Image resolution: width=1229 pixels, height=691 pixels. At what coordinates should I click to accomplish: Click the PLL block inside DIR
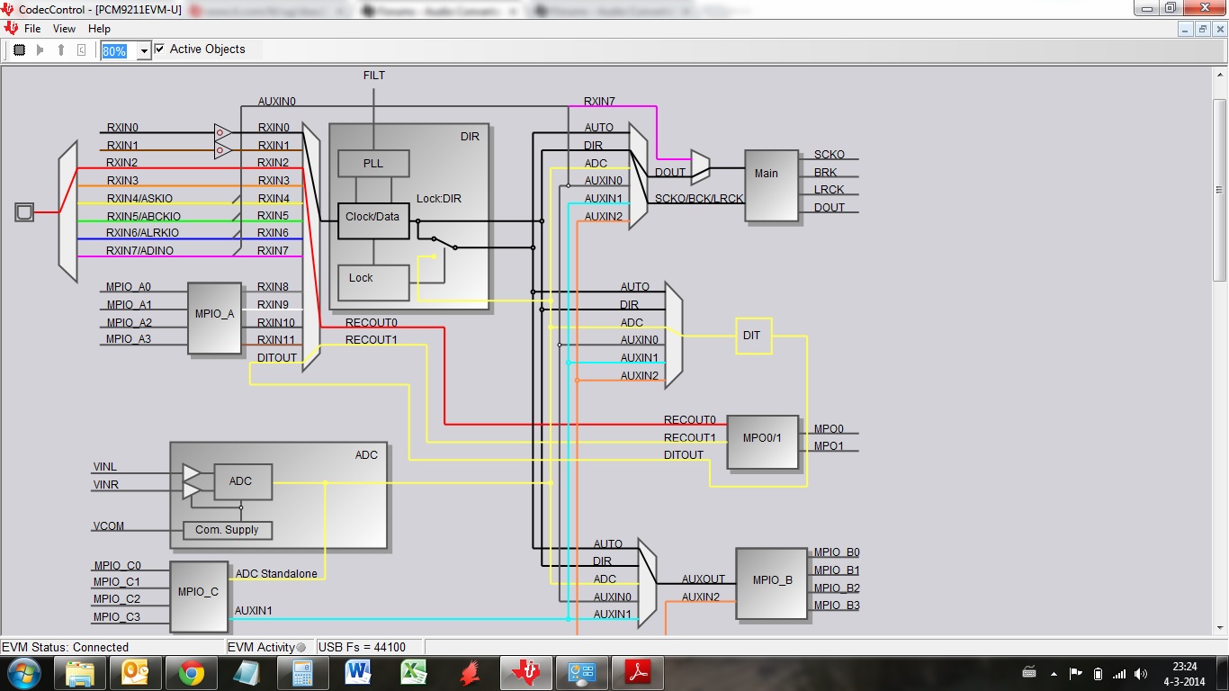coord(373,164)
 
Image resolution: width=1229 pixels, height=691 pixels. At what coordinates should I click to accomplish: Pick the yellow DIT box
coord(753,336)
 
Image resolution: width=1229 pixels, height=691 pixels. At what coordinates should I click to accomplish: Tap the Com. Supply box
coord(227,530)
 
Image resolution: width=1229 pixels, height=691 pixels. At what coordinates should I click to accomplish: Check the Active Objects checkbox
coord(160,49)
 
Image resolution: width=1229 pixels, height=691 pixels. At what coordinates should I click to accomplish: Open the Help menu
coord(99,29)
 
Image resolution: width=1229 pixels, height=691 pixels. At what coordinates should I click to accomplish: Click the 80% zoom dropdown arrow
coord(143,51)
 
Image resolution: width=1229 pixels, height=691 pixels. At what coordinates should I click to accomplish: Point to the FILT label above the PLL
coord(373,76)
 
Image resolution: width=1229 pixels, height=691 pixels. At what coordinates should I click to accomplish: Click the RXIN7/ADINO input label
coord(139,250)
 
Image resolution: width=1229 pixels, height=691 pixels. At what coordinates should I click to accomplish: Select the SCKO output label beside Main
coord(829,155)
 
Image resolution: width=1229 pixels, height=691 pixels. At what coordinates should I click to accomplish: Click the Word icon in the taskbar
coord(358,672)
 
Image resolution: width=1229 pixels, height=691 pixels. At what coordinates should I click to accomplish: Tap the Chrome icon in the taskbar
coord(191,672)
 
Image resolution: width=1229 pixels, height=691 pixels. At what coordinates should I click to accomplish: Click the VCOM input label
coord(108,526)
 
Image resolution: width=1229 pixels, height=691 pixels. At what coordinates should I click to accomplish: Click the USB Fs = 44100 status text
coord(363,647)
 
